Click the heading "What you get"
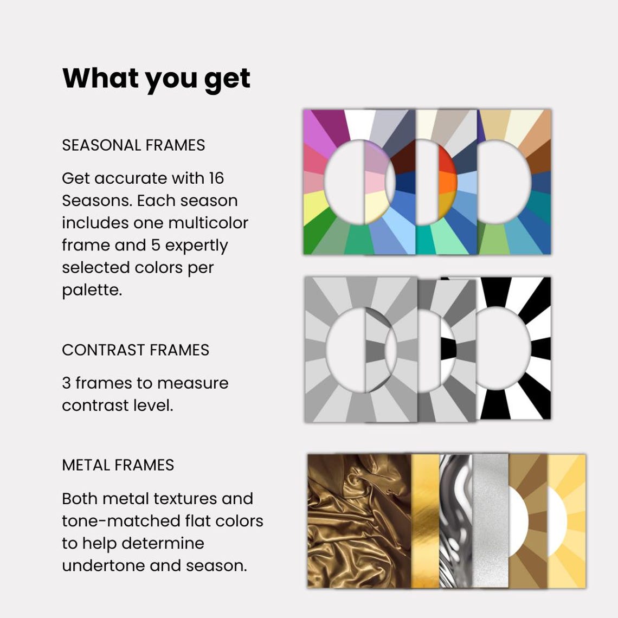coord(156,79)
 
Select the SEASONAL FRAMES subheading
coord(133,145)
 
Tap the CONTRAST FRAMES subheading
coord(136,350)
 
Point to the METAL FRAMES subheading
coord(118,465)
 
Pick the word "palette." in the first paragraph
coord(92,290)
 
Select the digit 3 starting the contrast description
coord(66,383)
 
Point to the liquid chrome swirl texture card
coord(455,520)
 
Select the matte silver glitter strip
coord(491,520)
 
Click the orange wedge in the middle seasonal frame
coord(448,183)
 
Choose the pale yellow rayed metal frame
coord(569,520)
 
